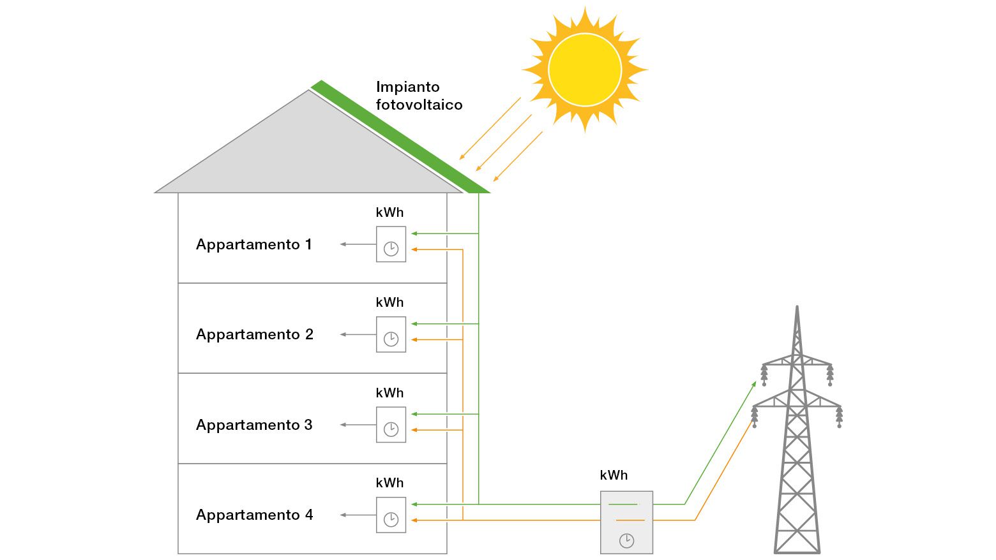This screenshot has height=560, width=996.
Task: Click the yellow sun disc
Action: [584, 70]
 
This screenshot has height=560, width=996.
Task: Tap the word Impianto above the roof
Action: [407, 87]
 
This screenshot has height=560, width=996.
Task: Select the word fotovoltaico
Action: [419, 105]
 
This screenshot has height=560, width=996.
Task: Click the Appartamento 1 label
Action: [253, 244]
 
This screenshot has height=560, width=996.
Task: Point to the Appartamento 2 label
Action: [254, 334]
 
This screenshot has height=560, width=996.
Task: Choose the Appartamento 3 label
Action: [253, 425]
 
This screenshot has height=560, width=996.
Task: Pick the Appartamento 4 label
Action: [254, 515]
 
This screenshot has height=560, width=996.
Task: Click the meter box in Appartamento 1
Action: [391, 244]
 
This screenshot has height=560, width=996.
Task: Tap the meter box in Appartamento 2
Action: [391, 334]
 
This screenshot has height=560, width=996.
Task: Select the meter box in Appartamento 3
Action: [391, 425]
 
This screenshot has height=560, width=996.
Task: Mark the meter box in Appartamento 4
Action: [391, 515]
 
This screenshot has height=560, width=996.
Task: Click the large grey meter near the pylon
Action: [626, 522]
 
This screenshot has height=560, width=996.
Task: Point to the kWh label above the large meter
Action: [614, 475]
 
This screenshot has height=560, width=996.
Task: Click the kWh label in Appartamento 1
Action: [389, 212]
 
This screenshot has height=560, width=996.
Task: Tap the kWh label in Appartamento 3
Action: [389, 393]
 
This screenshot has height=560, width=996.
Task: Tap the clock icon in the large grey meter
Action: [626, 541]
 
